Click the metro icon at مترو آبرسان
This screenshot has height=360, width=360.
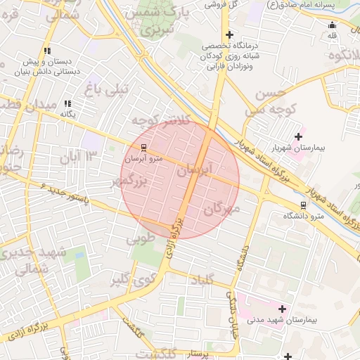144,148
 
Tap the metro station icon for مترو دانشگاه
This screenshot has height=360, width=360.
303,206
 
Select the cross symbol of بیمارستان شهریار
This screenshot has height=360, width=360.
298,136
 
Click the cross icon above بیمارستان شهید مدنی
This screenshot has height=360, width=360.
283,309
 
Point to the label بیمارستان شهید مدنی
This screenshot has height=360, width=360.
288,321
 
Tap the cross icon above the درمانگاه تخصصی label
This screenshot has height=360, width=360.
229,34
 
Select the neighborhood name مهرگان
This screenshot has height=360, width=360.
224,209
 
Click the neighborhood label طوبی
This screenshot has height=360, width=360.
140,239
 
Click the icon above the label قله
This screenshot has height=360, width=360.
333,25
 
